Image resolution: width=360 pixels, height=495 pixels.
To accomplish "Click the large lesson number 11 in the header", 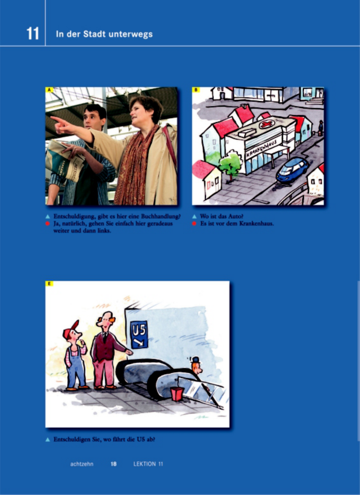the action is (x=33, y=33).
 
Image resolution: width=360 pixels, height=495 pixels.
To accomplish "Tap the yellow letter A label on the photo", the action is (x=49, y=90).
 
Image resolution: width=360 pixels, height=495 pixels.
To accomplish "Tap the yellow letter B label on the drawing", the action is (x=196, y=90).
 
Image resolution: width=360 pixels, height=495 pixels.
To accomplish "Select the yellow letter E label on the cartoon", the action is (x=49, y=283).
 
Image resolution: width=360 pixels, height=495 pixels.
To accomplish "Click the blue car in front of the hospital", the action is (x=292, y=169).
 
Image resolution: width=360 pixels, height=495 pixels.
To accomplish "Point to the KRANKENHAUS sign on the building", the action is (x=262, y=148).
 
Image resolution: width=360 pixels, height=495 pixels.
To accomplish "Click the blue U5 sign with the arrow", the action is (x=139, y=334).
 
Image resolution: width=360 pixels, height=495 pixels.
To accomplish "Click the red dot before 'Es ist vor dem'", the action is (x=194, y=224).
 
